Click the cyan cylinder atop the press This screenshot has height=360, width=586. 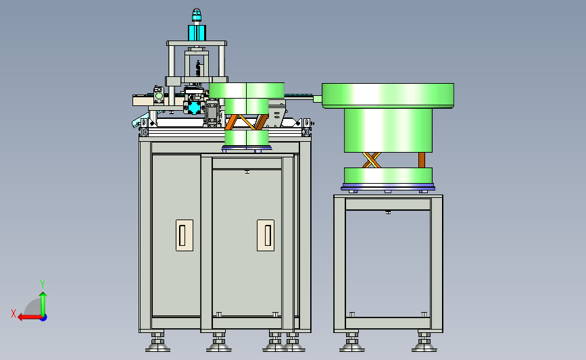[197, 32]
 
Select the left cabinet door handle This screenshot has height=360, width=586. [185, 235]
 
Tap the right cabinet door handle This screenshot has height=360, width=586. [266, 235]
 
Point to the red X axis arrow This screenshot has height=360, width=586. [30, 317]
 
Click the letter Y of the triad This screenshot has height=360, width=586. [43, 284]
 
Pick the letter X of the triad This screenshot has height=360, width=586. [14, 313]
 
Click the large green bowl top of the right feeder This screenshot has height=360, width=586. [388, 96]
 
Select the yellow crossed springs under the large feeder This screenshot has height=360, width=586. [372, 160]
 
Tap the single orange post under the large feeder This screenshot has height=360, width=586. [422, 160]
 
